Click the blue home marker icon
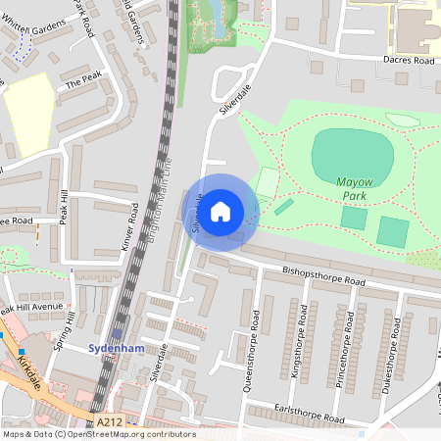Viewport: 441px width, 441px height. point(220,212)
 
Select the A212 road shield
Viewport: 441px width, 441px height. point(109,421)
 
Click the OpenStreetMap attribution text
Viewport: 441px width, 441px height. point(98,434)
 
